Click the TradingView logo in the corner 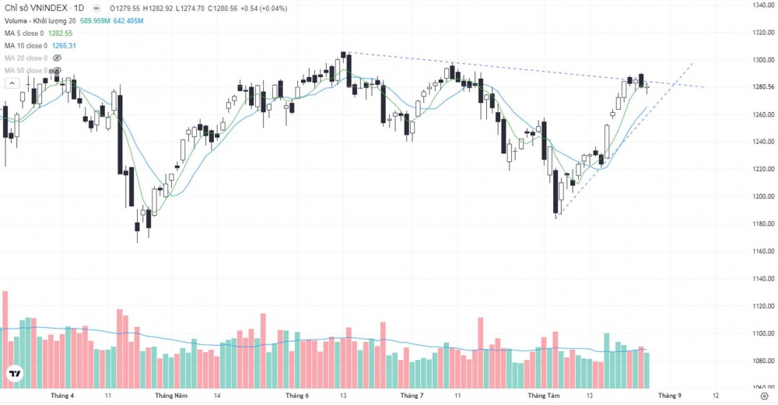[14, 375]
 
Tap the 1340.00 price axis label [762, 5]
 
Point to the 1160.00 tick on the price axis [762, 251]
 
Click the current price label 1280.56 [762, 86]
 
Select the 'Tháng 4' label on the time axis [62, 396]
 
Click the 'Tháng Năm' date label [171, 396]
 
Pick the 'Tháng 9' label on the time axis [670, 396]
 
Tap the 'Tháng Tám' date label [544, 396]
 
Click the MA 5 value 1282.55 [61, 33]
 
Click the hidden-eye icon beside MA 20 [56, 58]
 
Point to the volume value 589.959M [91, 21]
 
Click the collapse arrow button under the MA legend [12, 83]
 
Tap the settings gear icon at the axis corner [763, 396]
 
